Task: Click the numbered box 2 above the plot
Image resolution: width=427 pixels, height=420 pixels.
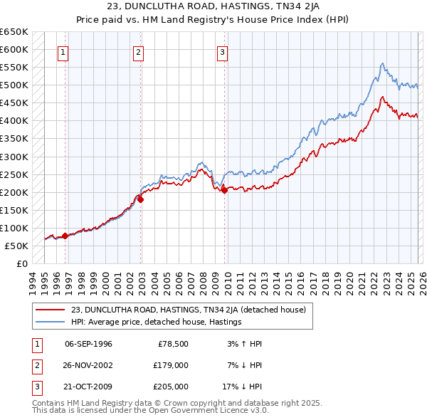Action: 138,51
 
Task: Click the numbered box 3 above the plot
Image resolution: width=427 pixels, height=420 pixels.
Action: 222,51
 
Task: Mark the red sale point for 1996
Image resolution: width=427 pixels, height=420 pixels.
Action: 65,236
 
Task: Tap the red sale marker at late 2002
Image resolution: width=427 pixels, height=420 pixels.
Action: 140,199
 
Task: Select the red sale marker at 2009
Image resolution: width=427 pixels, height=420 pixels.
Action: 224,190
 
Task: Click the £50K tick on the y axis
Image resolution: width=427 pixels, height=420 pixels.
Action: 16,246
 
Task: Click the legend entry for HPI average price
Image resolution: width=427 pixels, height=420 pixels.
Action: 157,322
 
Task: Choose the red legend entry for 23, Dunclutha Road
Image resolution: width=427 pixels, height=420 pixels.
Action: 188,310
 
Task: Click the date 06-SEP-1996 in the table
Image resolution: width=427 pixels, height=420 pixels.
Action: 88,344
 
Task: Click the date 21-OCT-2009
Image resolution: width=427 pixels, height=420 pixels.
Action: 88,387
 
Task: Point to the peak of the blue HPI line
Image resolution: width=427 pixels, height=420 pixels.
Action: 383,63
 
